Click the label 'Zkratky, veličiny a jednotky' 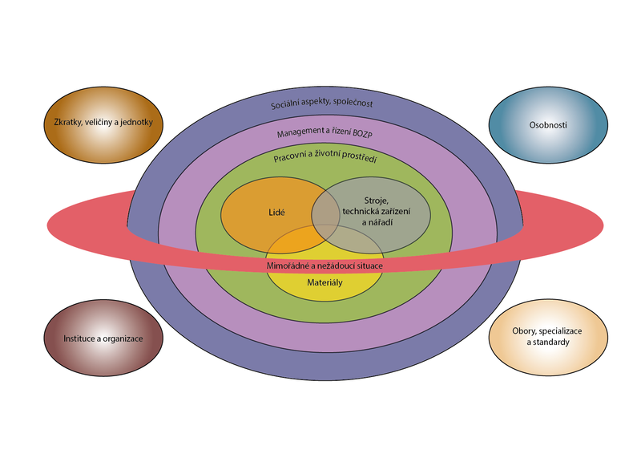pos(103,123)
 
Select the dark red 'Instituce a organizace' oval pos(103,338)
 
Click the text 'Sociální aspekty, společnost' pos(321,104)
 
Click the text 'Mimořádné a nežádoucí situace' pos(325,265)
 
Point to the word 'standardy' pos(549,343)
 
